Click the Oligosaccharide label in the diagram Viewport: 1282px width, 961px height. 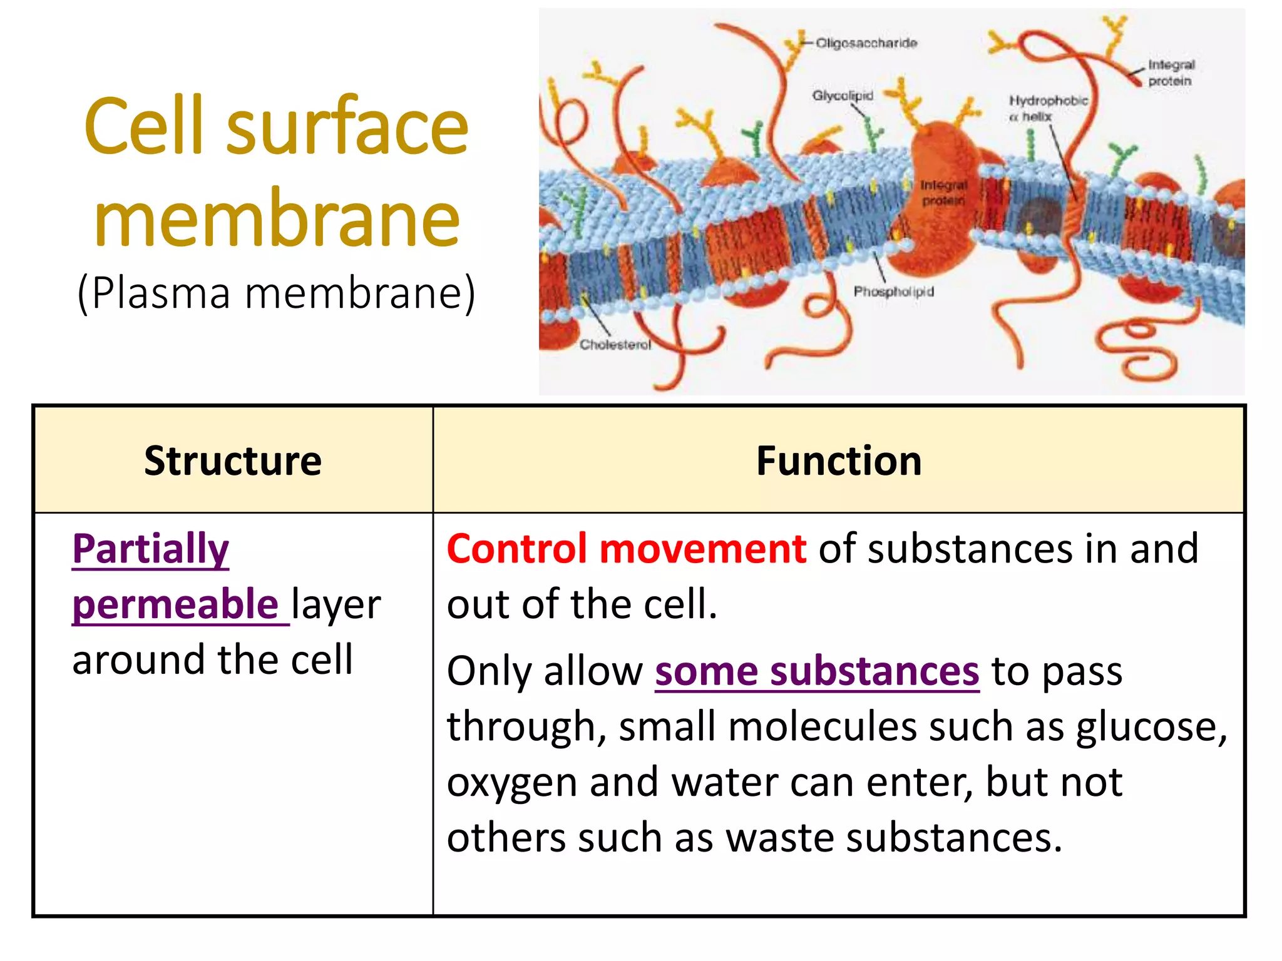tap(866, 43)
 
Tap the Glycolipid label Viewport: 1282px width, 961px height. tap(842, 96)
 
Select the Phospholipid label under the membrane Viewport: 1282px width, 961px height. tap(893, 292)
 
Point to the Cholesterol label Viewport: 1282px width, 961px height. tap(615, 345)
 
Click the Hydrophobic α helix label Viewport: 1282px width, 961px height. tap(1048, 108)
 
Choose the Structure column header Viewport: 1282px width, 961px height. tap(233, 461)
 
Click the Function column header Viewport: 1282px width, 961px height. tap(839, 461)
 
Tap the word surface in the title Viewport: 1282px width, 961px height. tap(347, 128)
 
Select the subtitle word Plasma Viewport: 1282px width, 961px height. tap(161, 293)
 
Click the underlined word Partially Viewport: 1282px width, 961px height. tap(151, 549)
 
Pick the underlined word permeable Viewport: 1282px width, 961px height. tap(175, 604)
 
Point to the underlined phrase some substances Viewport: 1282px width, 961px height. tap(817, 671)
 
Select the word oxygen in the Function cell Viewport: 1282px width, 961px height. tap(511, 783)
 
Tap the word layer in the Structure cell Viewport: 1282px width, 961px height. tap(336, 605)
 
